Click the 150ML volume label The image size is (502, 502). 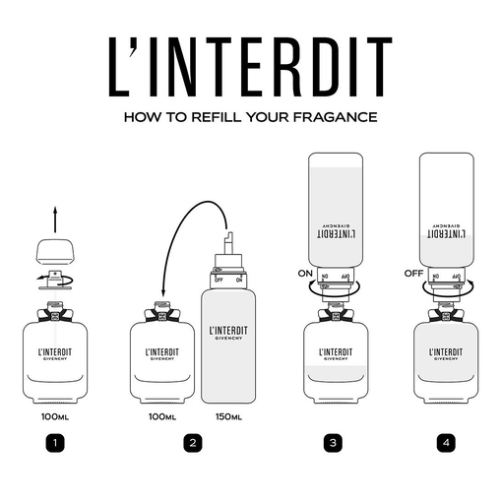click(228, 416)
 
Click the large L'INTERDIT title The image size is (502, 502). click(251, 66)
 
